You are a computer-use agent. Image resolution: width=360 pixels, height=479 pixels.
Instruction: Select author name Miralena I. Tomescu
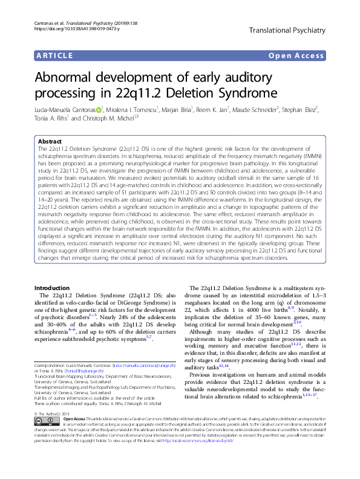pyautogui.click(x=132, y=110)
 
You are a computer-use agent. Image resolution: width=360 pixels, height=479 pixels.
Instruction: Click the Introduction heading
pyautogui.click(x=51, y=288)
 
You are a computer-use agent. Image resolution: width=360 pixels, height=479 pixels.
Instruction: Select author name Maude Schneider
pyautogui.click(x=249, y=110)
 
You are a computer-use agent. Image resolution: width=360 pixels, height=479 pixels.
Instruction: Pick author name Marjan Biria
pyautogui.click(x=176, y=110)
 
